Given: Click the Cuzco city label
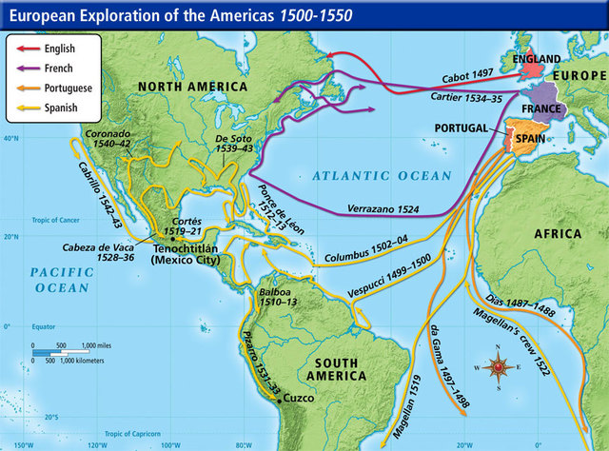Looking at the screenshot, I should point(298,397).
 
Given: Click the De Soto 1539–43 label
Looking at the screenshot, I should point(232,143).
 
